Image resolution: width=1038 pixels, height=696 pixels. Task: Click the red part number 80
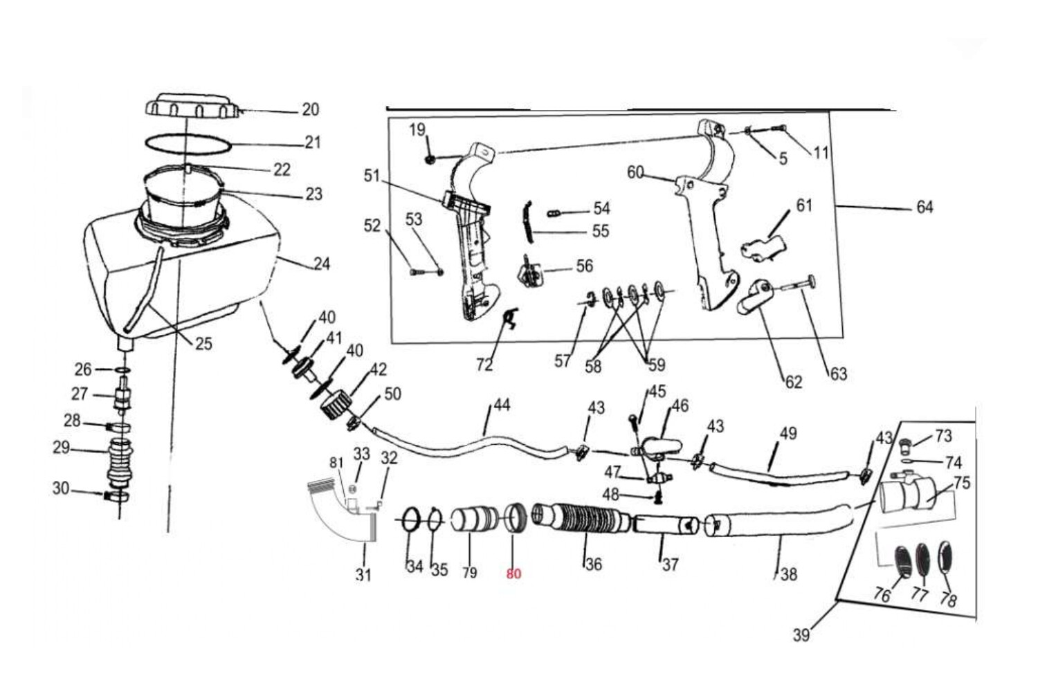point(513,574)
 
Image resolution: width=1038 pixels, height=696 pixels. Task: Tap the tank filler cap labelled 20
point(192,106)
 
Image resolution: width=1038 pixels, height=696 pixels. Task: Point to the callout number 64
point(925,207)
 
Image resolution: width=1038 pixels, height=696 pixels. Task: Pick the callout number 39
point(801,635)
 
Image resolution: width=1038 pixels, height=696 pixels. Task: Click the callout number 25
point(203,344)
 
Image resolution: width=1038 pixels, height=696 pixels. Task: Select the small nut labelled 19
point(430,159)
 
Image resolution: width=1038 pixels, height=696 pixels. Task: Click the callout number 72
point(484,365)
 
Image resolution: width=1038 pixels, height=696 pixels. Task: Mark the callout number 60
point(635,172)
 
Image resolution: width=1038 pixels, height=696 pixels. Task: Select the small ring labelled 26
point(122,370)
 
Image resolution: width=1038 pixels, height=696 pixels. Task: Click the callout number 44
point(502,405)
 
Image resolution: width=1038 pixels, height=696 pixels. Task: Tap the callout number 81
point(336,462)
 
